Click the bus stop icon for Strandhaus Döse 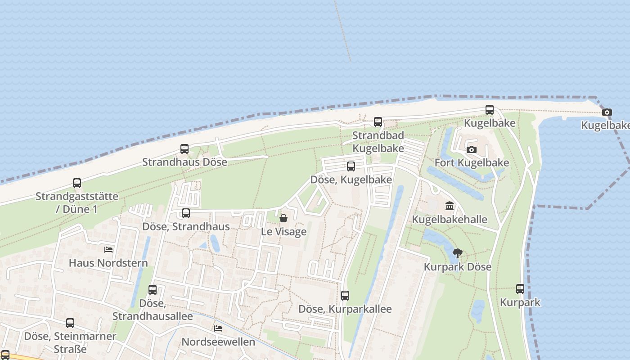pyautogui.click(x=184, y=149)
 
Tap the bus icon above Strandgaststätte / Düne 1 pyautogui.click(x=77, y=183)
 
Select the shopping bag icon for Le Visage pyautogui.click(x=283, y=219)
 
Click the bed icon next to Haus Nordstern pyautogui.click(x=108, y=249)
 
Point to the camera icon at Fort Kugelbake pyautogui.click(x=471, y=149)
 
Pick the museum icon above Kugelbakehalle pyautogui.click(x=449, y=206)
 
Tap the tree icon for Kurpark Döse pyautogui.click(x=457, y=253)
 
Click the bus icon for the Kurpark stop pyautogui.click(x=520, y=289)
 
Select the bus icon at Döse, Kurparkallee pyautogui.click(x=345, y=296)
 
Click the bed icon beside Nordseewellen pyautogui.click(x=218, y=328)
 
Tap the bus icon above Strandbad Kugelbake pyautogui.click(x=378, y=121)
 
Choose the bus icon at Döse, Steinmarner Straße pyautogui.click(x=70, y=323)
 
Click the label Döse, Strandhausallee pyautogui.click(x=153, y=310)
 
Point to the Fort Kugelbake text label pyautogui.click(x=472, y=162)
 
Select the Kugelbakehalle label pyautogui.click(x=450, y=220)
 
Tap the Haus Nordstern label pyautogui.click(x=108, y=262)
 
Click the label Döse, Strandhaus pyautogui.click(x=186, y=226)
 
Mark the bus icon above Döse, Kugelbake pyautogui.click(x=351, y=166)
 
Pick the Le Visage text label pyautogui.click(x=284, y=232)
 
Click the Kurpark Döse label pyautogui.click(x=457, y=266)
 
